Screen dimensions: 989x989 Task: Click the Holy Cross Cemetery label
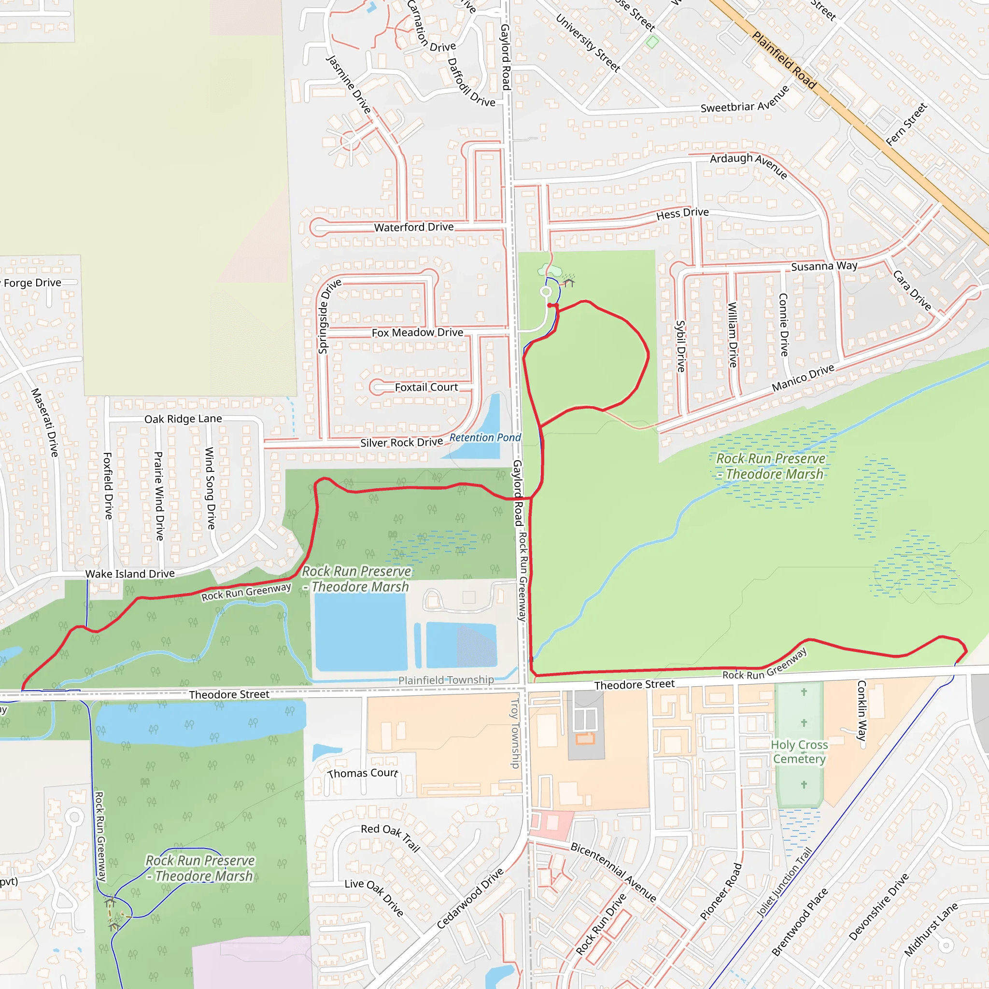[x=799, y=751]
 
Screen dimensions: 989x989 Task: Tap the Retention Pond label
[x=485, y=438]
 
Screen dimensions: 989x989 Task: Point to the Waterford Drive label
[x=414, y=227]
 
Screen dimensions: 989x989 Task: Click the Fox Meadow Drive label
[x=417, y=333]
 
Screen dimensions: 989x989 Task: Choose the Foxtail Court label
[x=426, y=387]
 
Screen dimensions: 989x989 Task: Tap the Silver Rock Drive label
[x=401, y=442]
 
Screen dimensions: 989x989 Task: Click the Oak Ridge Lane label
[x=183, y=419]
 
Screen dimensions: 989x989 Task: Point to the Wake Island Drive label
[x=130, y=574]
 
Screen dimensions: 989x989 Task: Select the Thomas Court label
[x=363, y=774]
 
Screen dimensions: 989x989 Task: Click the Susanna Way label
[x=824, y=266]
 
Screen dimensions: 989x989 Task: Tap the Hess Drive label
[x=682, y=213]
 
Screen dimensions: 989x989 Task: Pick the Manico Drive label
[x=803, y=378]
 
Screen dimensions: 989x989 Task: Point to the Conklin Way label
[x=862, y=710]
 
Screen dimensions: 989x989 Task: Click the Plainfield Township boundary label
[x=446, y=680]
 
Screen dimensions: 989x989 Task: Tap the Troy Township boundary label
[x=515, y=733]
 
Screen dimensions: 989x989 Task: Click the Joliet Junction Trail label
[x=784, y=882]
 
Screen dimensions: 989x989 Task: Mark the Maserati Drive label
[x=45, y=423]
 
